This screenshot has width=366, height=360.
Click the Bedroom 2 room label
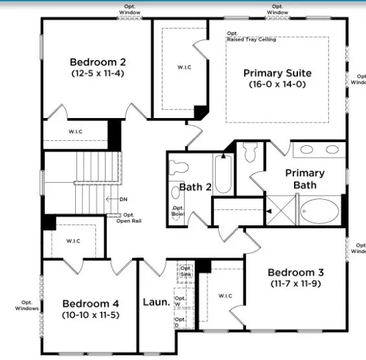pyautogui.click(x=98, y=62)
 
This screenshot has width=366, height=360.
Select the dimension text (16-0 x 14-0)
pyautogui.click(x=277, y=84)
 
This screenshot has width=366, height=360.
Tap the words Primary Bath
pyautogui.click(x=304, y=179)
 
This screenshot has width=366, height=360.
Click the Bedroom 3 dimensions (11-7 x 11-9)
pyautogui.click(x=295, y=283)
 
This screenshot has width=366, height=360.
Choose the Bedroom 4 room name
pyautogui.click(x=90, y=303)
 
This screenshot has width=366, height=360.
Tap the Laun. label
pyautogui.click(x=157, y=302)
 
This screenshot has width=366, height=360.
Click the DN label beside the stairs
pyautogui.click(x=123, y=199)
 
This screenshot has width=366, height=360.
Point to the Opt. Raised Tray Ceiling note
pyautogui.click(x=251, y=37)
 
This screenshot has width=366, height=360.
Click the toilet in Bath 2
pyautogui.click(x=177, y=167)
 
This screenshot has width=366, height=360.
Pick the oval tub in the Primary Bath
pyautogui.click(x=319, y=211)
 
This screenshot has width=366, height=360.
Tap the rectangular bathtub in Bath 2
pyautogui.click(x=222, y=173)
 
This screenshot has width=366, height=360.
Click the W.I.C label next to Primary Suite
pyautogui.click(x=184, y=67)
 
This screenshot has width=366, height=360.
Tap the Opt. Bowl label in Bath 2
pyautogui.click(x=177, y=211)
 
